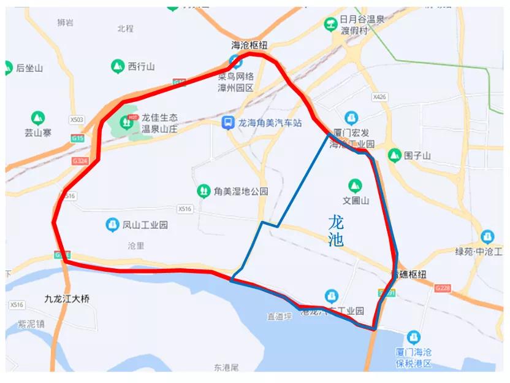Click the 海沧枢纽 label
pyautogui.click(x=249, y=45)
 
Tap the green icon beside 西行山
pyautogui.click(x=117, y=66)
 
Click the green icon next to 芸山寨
pyautogui.click(x=37, y=117)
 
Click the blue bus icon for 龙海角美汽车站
pyautogui.click(x=228, y=123)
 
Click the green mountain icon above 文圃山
pyautogui.click(x=354, y=185)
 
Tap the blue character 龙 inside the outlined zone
pyautogui.click(x=337, y=222)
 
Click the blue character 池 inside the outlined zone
pyautogui.click(x=336, y=240)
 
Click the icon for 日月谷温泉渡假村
pyautogui.click(x=330, y=25)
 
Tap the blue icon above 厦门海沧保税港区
pyautogui.click(x=413, y=338)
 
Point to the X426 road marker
pyautogui.click(x=380, y=97)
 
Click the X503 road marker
pyautogui.click(x=77, y=120)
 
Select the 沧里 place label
pyautogui.click(x=135, y=246)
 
